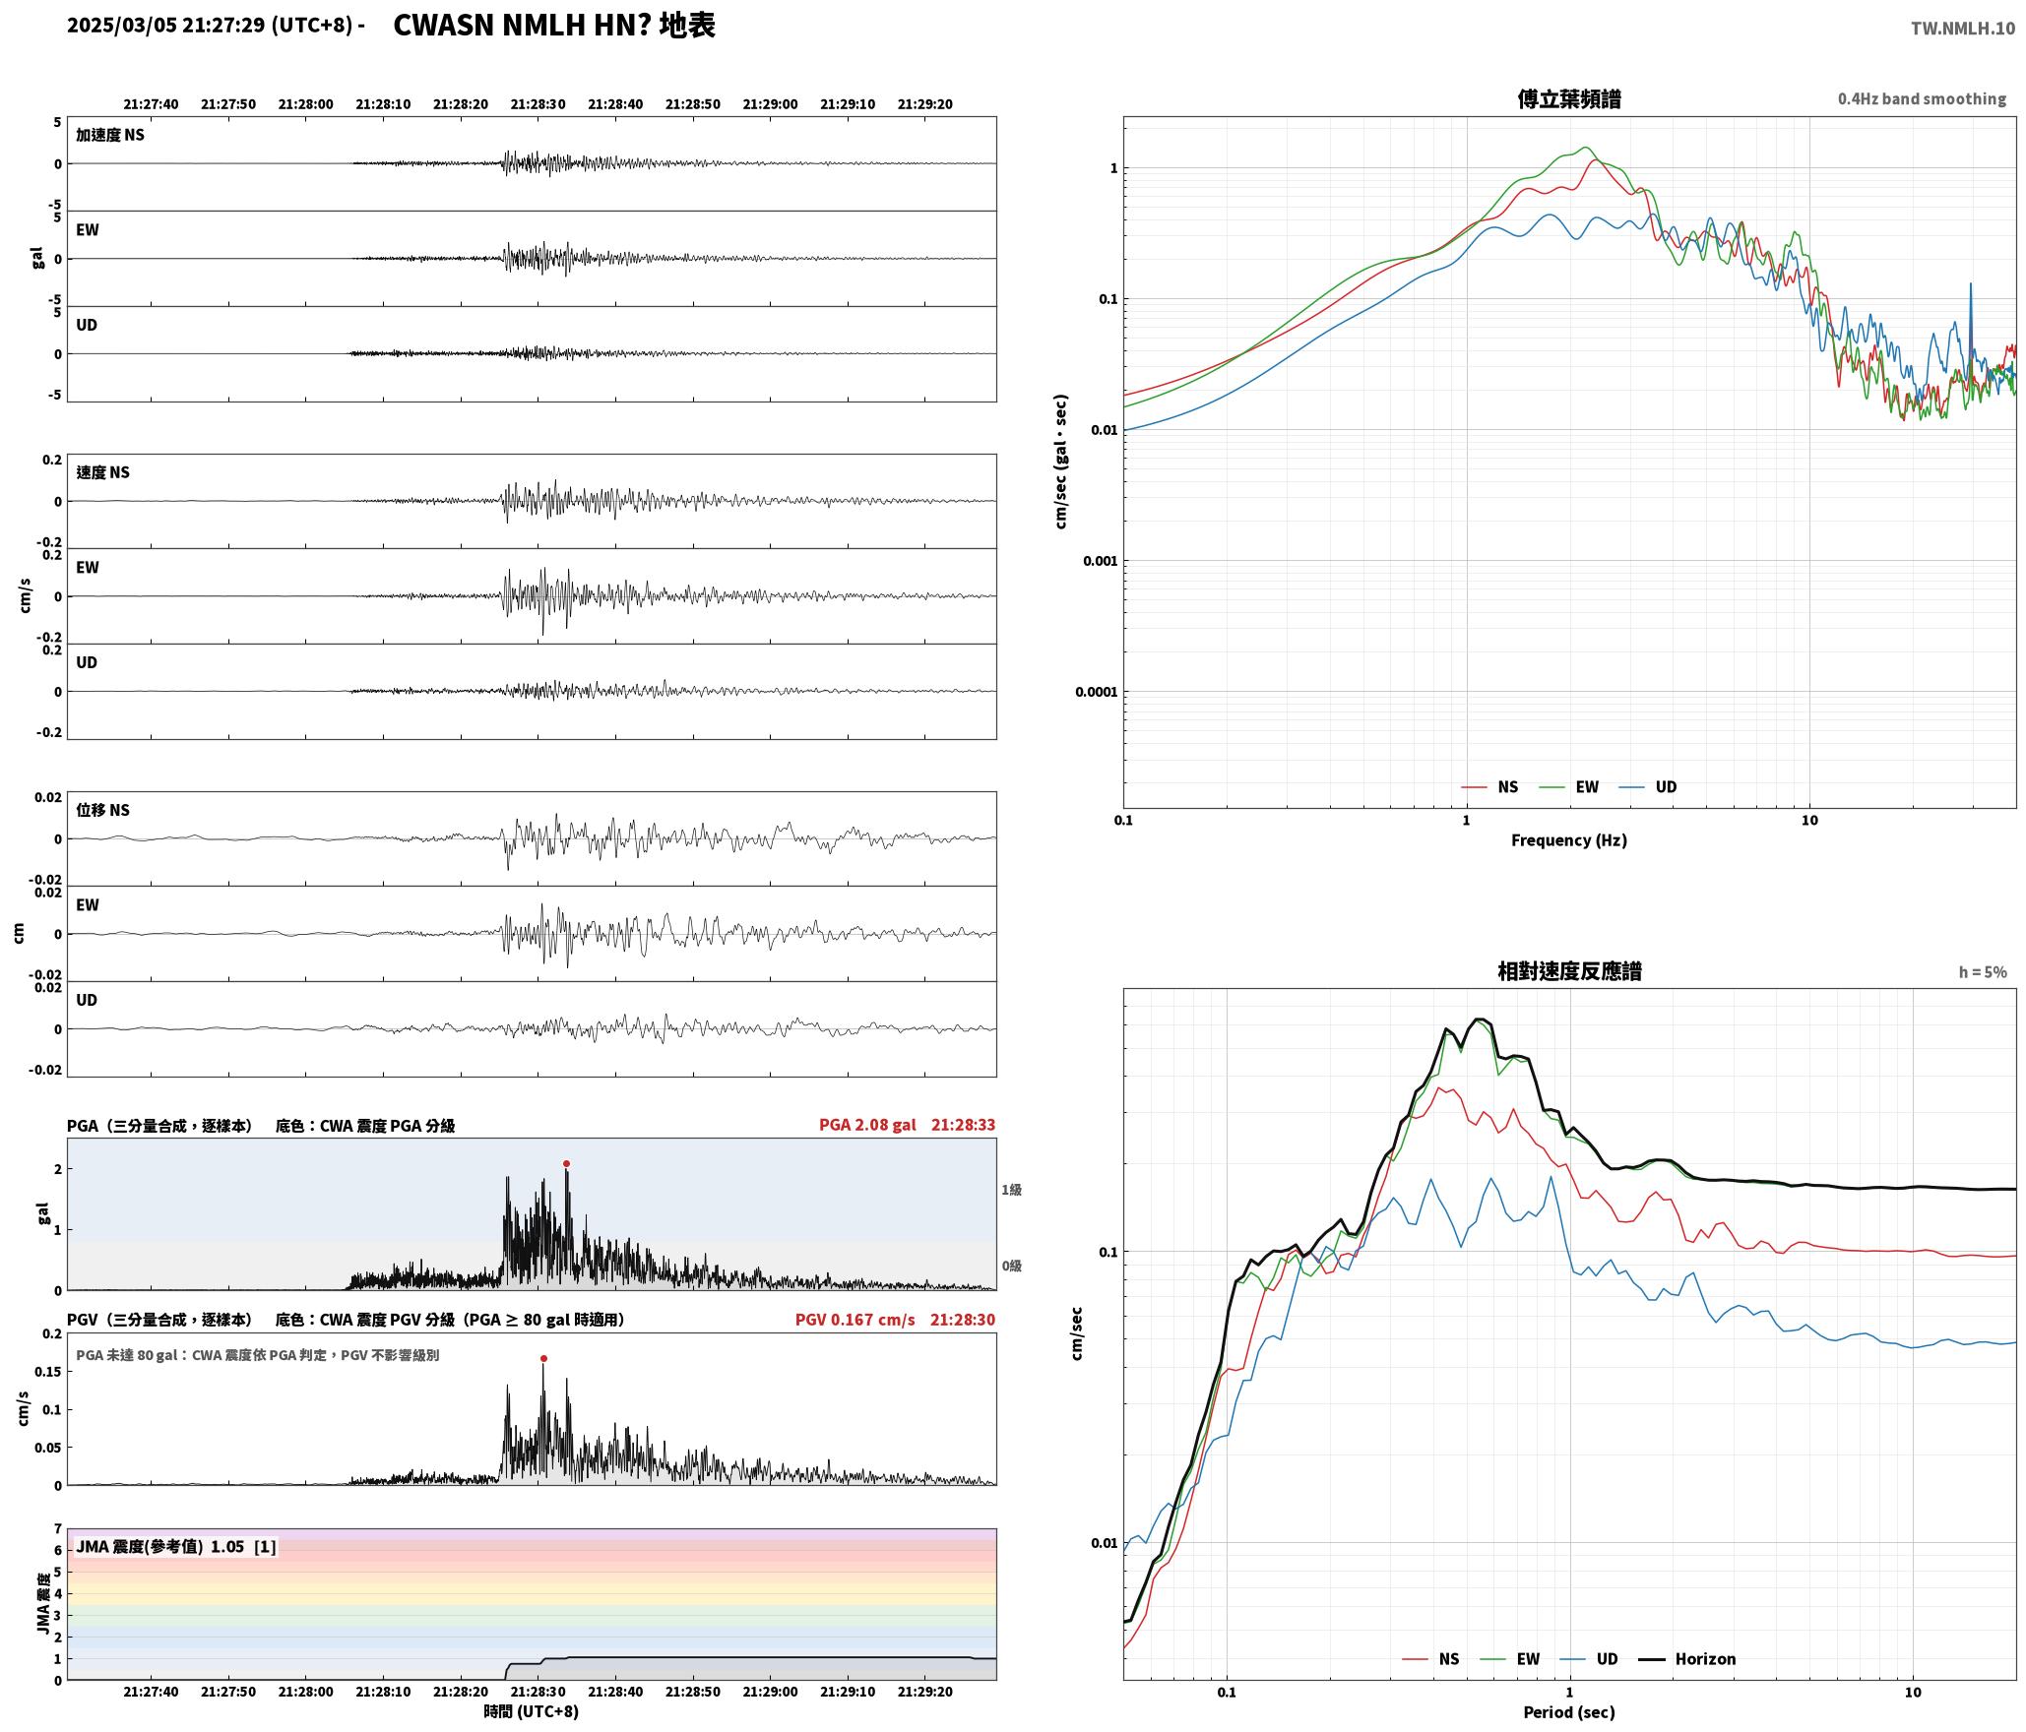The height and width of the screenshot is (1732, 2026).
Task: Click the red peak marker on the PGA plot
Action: click(566, 1163)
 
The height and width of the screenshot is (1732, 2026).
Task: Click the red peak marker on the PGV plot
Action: click(543, 1358)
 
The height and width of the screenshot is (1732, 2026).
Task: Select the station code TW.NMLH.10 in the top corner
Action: click(1962, 29)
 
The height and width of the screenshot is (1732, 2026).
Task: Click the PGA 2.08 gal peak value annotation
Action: click(867, 1125)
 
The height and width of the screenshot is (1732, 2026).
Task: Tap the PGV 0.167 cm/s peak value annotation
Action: click(855, 1320)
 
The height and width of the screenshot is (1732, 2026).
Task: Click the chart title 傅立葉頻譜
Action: click(1569, 99)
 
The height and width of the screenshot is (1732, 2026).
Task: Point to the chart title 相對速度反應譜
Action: click(1569, 971)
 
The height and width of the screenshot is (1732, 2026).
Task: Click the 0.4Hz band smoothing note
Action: click(1922, 99)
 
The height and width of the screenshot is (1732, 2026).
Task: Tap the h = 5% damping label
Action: click(1983, 972)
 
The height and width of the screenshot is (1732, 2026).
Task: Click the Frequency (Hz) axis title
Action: click(1569, 840)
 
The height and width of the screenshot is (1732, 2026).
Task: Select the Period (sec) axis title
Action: click(1569, 1712)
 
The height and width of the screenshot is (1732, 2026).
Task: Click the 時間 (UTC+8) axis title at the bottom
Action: click(531, 1711)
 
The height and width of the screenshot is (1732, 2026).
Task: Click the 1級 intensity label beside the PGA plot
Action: click(1012, 1190)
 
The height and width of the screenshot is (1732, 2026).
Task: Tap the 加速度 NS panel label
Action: click(110, 135)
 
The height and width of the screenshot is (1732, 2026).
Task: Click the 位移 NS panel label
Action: click(103, 810)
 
